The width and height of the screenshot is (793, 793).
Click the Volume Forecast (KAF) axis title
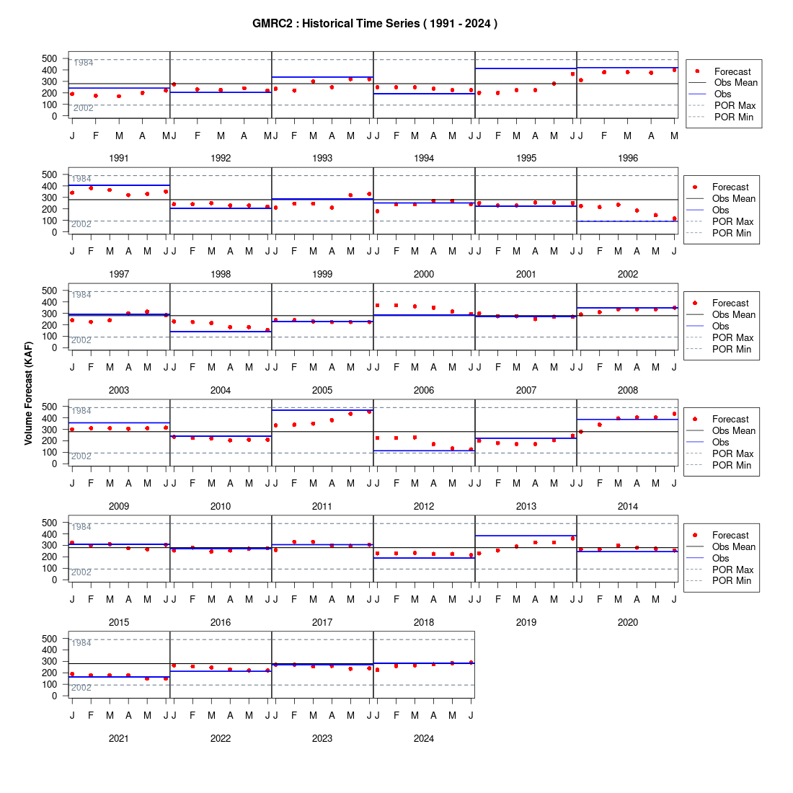28,393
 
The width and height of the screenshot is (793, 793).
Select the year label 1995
526,159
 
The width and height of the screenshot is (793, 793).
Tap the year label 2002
628,274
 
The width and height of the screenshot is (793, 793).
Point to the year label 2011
322,506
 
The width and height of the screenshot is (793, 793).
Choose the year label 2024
424,738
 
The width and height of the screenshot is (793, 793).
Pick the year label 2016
221,622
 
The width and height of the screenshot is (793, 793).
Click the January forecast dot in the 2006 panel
377,306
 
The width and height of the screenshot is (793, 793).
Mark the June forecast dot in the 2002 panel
674,218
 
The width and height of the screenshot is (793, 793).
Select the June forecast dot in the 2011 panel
369,412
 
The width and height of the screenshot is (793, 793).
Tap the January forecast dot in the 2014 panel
580,432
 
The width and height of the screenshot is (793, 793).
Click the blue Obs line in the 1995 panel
526,68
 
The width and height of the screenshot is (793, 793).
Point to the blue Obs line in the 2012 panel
424,451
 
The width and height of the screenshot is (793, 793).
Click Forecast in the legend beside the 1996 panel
732,72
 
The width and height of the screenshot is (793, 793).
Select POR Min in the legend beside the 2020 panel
732,580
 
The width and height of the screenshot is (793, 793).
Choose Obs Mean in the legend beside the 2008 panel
734,314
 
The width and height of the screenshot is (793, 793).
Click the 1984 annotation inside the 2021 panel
81,643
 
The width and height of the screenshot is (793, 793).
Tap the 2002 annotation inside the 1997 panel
81,224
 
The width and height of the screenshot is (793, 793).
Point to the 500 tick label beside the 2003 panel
50,291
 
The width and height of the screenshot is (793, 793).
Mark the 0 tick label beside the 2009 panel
55,464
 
